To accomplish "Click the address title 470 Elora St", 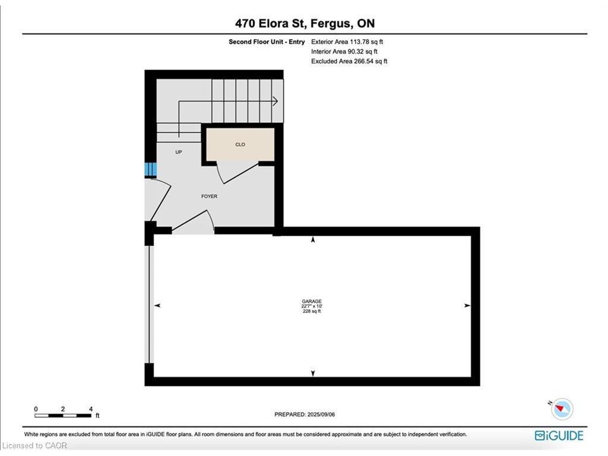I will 304,24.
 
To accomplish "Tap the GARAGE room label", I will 312,302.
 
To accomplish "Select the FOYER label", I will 209,196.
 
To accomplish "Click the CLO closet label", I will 240,144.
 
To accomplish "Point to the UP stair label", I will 178,152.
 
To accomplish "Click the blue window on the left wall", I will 150,170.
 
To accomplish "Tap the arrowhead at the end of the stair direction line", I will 275,102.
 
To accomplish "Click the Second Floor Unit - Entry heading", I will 267,42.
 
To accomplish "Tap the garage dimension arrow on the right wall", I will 467,305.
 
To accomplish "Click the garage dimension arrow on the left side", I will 158,305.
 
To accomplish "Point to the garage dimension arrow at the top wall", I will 313,239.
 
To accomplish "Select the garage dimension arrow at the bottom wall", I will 313,373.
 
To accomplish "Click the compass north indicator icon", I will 562,410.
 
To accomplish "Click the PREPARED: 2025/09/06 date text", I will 309,414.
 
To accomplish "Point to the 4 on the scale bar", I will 90,409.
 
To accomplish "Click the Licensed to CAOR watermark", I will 35,445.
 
